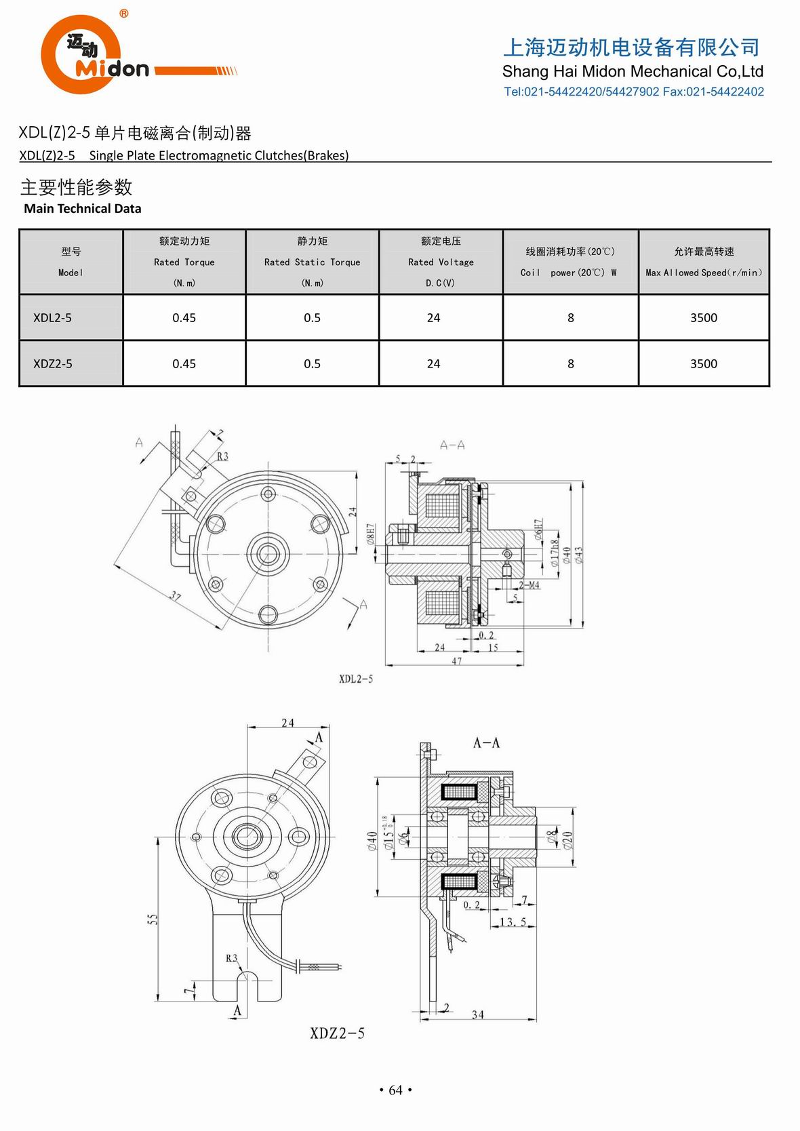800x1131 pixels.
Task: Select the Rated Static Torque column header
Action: pos(312,262)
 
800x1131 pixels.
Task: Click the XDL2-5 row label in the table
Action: pos(53,317)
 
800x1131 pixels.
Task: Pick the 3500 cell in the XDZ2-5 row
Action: pos(703,363)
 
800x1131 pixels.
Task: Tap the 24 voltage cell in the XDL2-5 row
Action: pos(433,317)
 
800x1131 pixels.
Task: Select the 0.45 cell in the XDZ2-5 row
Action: pos(184,363)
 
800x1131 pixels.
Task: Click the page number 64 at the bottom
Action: pos(395,1090)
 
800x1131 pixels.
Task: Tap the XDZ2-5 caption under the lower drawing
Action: pos(337,1033)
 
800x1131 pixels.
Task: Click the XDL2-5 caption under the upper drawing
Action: pos(355,679)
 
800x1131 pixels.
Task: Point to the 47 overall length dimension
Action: pos(456,660)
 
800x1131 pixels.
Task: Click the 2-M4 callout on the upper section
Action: pos(529,585)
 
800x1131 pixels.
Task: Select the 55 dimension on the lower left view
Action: pos(153,919)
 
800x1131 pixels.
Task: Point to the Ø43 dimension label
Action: pos(578,555)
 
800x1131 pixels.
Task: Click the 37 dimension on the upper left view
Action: pos(175,595)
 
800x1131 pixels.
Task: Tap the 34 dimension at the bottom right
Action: pos(478,1014)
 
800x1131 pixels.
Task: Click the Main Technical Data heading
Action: pos(83,209)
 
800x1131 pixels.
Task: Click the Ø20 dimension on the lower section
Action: pos(567,839)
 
